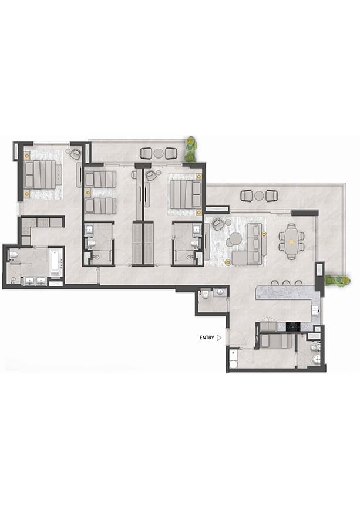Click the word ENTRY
(x=207, y=338)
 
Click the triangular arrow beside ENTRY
(x=219, y=338)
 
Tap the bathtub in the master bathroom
(x=56, y=262)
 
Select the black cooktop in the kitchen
(x=293, y=326)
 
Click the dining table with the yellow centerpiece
(x=291, y=241)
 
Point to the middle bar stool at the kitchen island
(x=286, y=283)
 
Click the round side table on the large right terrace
(x=259, y=195)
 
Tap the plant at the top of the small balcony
(x=191, y=149)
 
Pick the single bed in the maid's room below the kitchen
(x=276, y=341)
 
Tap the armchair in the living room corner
(x=217, y=224)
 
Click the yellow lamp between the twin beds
(x=88, y=193)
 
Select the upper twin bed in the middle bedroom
(x=100, y=179)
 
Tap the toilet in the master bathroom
(x=14, y=255)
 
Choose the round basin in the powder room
(x=221, y=292)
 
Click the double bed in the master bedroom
(x=41, y=174)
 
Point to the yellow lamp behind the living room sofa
(x=264, y=234)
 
